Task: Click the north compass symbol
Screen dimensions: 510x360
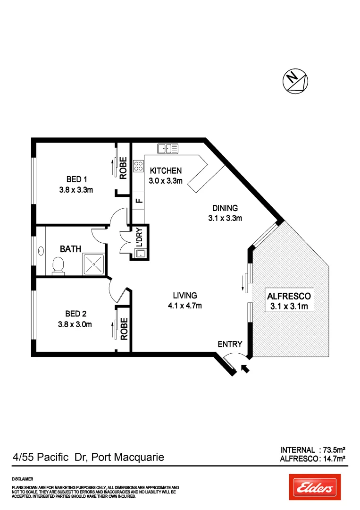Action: (x=295, y=81)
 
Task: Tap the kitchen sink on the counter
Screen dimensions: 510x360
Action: (x=167, y=148)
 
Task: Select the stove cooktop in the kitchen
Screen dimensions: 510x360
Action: (x=138, y=166)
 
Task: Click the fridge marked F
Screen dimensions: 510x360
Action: (x=138, y=200)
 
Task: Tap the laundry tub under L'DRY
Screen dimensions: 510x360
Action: (x=140, y=254)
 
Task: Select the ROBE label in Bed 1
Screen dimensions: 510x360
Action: (x=123, y=168)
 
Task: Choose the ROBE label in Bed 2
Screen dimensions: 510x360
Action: (x=124, y=329)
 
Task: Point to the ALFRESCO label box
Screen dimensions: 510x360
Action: (x=289, y=301)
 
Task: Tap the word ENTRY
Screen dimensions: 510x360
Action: (x=230, y=344)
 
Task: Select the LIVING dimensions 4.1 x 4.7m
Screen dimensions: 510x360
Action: (x=184, y=306)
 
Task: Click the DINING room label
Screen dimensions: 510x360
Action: (x=225, y=208)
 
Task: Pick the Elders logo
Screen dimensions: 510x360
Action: (x=313, y=487)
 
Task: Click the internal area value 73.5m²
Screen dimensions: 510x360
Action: (x=333, y=450)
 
